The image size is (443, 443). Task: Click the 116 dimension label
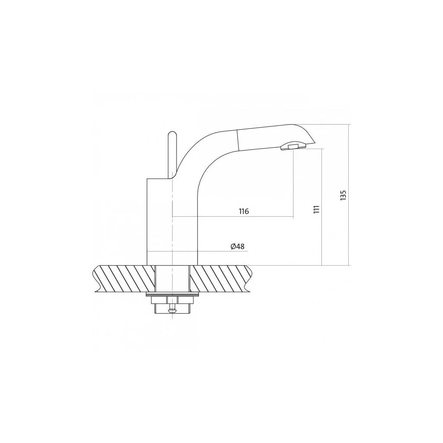click(244, 211)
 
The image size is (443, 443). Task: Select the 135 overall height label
click(343, 195)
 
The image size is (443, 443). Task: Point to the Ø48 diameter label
click(238, 246)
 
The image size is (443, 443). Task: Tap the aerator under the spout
click(293, 146)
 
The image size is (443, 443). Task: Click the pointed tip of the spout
click(315, 143)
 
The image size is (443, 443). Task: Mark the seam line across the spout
click(238, 140)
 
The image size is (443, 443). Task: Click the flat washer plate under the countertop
click(172, 295)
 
